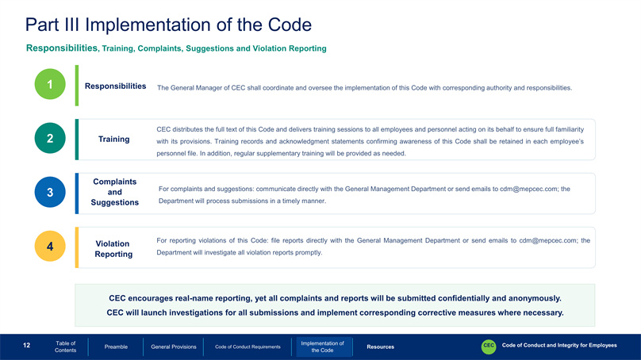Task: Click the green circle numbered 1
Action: point(50,84)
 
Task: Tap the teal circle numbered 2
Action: point(50,138)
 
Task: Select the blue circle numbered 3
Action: point(50,192)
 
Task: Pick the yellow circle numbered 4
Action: point(50,246)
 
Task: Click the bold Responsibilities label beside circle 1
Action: point(115,86)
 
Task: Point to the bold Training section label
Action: point(113,140)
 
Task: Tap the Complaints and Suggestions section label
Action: point(115,192)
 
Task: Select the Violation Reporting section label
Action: point(113,249)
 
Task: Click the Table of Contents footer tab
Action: point(65,347)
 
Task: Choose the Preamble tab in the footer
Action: point(116,347)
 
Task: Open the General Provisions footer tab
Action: point(173,347)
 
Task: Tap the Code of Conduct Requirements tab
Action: point(248,347)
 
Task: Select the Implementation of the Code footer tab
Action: point(323,347)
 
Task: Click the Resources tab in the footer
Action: point(381,347)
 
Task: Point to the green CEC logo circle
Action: point(489,346)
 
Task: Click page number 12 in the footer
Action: point(26,346)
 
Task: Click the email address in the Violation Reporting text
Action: point(548,241)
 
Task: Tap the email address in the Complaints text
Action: point(528,190)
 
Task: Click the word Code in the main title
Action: point(290,25)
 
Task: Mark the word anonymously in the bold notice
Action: point(535,299)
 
